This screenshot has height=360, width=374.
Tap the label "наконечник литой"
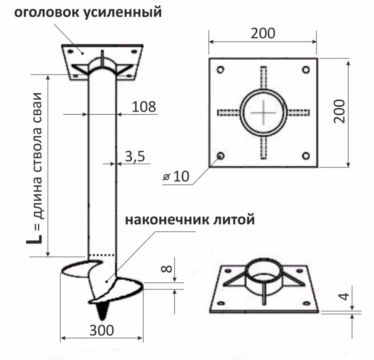point(189,220)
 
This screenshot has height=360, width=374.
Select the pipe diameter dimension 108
point(143,106)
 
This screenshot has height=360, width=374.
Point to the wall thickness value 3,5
point(135,156)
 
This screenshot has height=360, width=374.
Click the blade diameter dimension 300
point(101,330)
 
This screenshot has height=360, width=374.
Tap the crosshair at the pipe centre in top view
point(263,112)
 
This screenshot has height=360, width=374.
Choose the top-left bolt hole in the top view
point(220,70)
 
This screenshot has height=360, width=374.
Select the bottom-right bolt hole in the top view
point(306,156)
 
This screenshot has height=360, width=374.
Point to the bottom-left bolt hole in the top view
point(220,155)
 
